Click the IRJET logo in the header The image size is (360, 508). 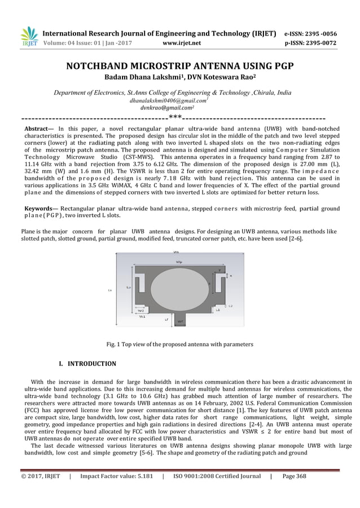pos(29,37)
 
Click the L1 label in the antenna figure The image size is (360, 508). pos(218,310)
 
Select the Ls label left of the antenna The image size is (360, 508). pos(109,291)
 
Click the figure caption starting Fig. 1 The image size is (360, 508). pos(180,344)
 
